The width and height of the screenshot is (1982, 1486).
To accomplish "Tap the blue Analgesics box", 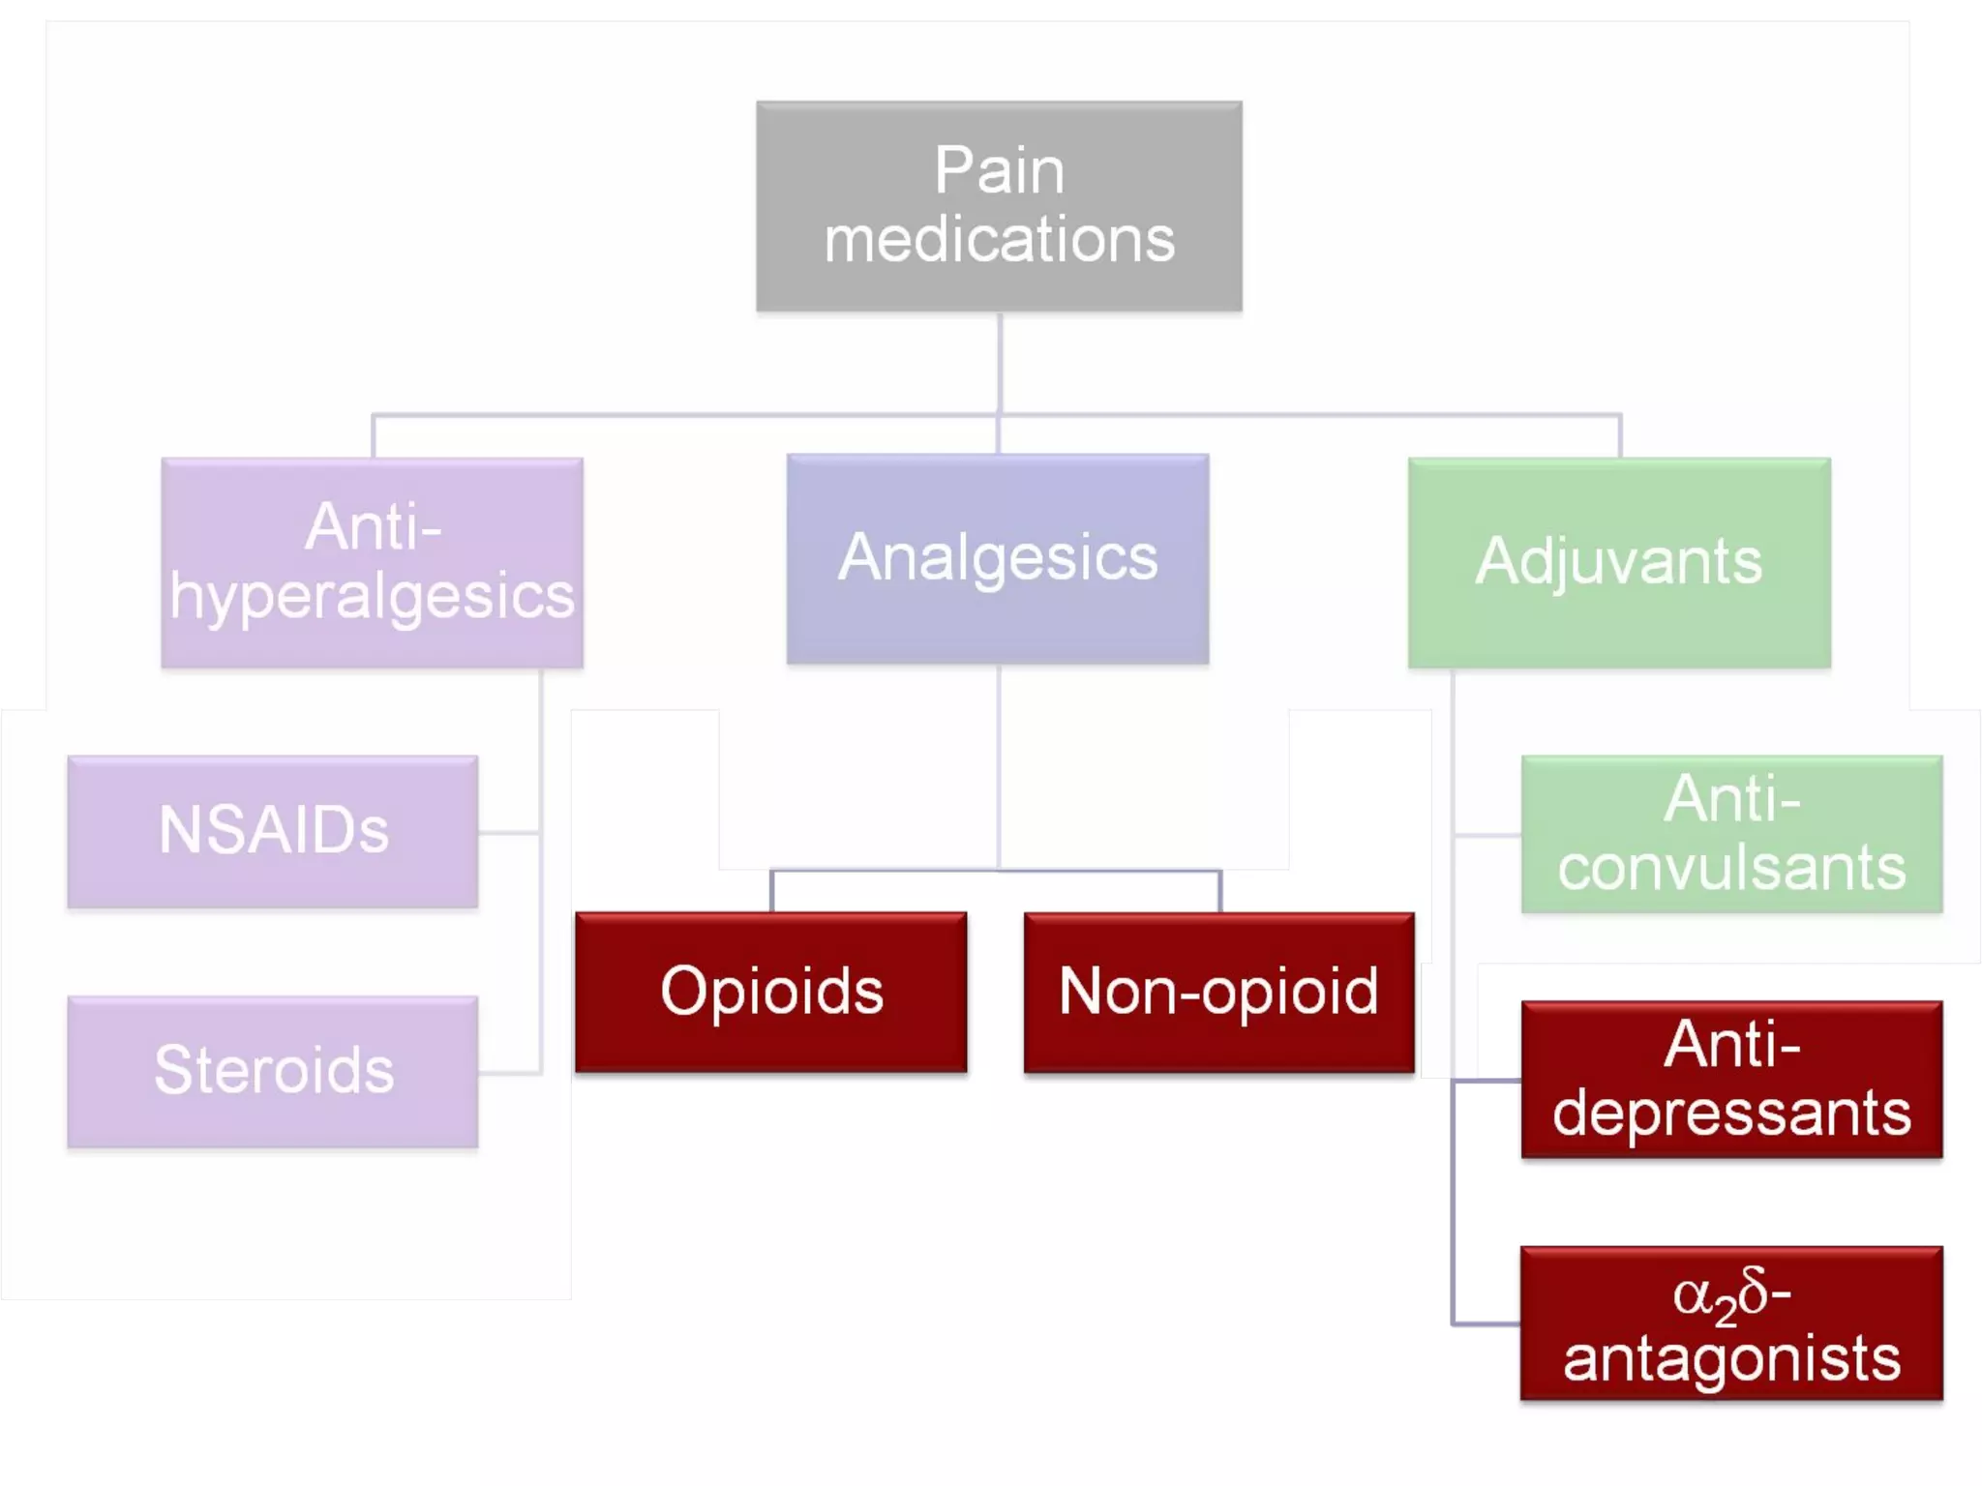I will (998, 558).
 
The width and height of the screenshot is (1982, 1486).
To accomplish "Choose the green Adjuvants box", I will (1619, 562).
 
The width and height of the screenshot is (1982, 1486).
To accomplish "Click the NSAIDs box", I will (273, 831).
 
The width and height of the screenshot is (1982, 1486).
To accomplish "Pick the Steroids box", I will (273, 1071).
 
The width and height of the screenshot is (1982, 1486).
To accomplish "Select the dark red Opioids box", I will (771, 992).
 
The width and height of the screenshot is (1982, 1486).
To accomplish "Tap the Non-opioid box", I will (1218, 992).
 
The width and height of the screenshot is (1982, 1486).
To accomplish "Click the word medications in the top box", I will (999, 239).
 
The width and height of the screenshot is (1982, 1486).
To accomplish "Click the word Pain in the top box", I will (999, 171).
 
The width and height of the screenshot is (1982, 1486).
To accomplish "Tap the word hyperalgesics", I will (372, 597).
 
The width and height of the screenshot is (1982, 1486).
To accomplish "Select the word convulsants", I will (1731, 868).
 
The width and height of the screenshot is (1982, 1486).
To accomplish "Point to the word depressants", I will (1731, 1113).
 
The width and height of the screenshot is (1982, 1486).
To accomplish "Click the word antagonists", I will (1731, 1358).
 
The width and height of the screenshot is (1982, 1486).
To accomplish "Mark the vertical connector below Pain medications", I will (999, 363).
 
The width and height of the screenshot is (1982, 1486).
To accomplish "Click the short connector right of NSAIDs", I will (509, 832).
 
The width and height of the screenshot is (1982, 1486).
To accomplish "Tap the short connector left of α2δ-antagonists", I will (1486, 1323).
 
